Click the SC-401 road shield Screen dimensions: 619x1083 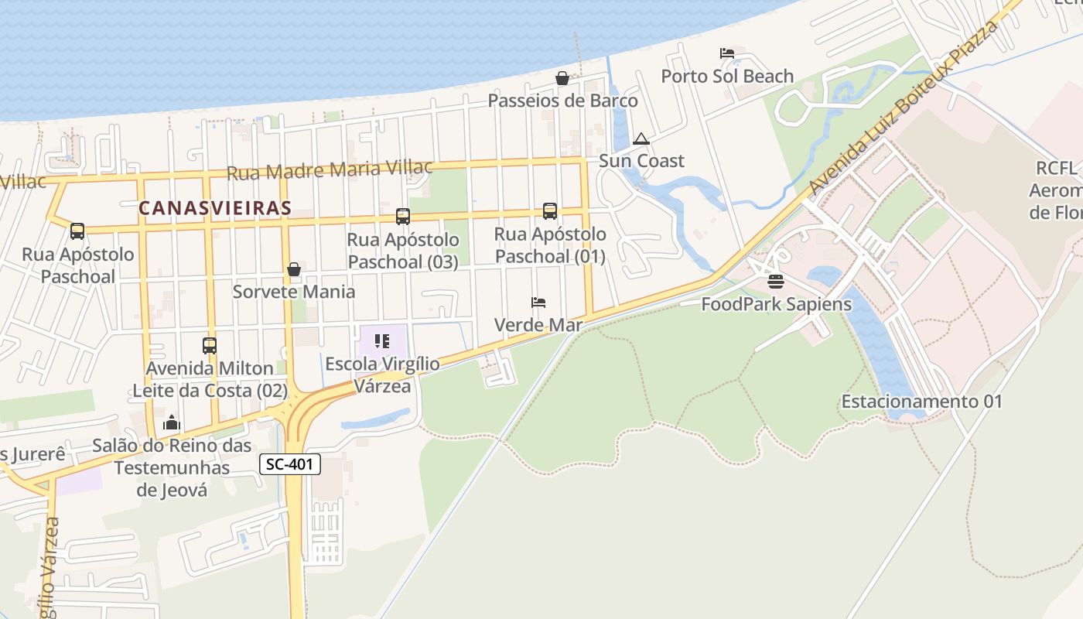[x=289, y=464]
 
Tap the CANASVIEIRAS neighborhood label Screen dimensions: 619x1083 [x=215, y=207]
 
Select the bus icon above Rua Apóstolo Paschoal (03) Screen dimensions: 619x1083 [x=403, y=217]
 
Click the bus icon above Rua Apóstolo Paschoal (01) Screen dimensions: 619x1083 [x=550, y=210]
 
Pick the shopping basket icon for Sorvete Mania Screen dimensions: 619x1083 [x=294, y=269]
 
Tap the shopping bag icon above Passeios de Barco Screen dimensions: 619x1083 [x=562, y=78]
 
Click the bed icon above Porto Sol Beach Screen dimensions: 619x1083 [x=727, y=53]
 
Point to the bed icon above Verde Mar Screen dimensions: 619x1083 [x=538, y=302]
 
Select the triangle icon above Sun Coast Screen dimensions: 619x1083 [x=641, y=139]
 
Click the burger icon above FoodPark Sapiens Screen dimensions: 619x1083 [x=776, y=282]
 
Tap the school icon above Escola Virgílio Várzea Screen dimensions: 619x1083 [x=381, y=340]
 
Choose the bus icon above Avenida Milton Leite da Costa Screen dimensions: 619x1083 [x=210, y=345]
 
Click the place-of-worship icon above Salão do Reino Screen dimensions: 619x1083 [x=172, y=422]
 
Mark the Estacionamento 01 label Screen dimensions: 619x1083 [x=921, y=402]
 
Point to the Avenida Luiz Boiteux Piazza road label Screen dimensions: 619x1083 [x=904, y=108]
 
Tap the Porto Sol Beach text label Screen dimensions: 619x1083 [x=727, y=76]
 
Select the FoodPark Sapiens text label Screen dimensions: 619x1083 [x=776, y=304]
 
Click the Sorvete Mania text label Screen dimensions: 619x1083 [x=294, y=292]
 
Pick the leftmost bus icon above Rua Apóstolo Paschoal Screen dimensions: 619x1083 [x=77, y=231]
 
